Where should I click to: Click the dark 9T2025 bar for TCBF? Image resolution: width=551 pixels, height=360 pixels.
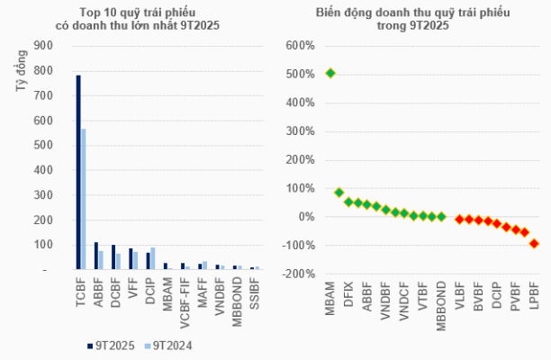[78, 171]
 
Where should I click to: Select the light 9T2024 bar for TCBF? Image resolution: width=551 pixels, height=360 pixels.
[84, 198]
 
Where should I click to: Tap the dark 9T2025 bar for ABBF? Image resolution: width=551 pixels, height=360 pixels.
[95, 256]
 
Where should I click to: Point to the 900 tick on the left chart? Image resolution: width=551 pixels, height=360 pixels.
[43, 45]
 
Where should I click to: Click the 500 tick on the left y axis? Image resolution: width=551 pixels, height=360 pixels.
[43, 145]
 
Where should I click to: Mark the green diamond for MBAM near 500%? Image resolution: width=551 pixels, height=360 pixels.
[330, 73]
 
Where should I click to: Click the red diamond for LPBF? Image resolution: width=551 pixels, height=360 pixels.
[534, 243]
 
